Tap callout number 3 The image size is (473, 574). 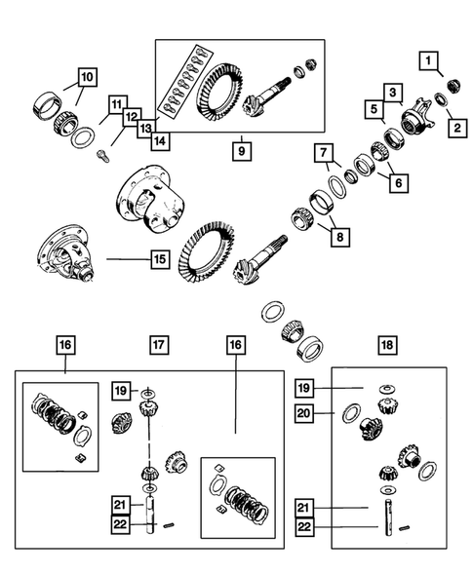tap(392, 93)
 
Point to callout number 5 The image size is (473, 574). tap(373, 111)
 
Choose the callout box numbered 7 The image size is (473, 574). tap(324, 153)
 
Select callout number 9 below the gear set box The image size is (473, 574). tap(239, 153)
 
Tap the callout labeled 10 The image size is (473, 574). tap(87, 75)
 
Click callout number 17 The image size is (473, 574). tap(159, 345)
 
